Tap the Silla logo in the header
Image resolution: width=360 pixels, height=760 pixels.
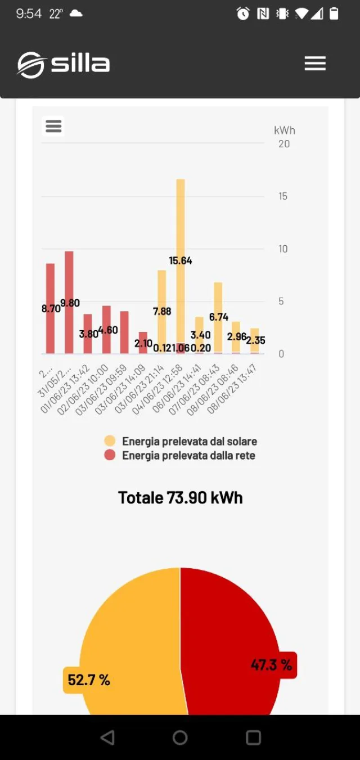tap(63, 64)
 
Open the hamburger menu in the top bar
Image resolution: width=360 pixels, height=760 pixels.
tap(315, 64)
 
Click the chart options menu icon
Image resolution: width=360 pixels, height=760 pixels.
tap(53, 126)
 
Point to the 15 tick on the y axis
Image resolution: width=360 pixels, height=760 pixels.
tap(283, 196)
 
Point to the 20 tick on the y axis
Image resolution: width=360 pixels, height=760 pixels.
tap(284, 144)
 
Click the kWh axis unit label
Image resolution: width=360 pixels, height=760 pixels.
tap(284, 131)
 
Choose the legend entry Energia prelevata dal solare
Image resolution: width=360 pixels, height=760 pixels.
tap(189, 442)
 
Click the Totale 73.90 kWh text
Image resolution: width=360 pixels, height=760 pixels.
tap(180, 498)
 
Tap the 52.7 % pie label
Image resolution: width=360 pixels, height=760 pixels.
tap(88, 680)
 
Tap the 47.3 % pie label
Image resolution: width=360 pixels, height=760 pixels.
tap(272, 665)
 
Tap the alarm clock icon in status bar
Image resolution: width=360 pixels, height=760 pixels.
tap(243, 14)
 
